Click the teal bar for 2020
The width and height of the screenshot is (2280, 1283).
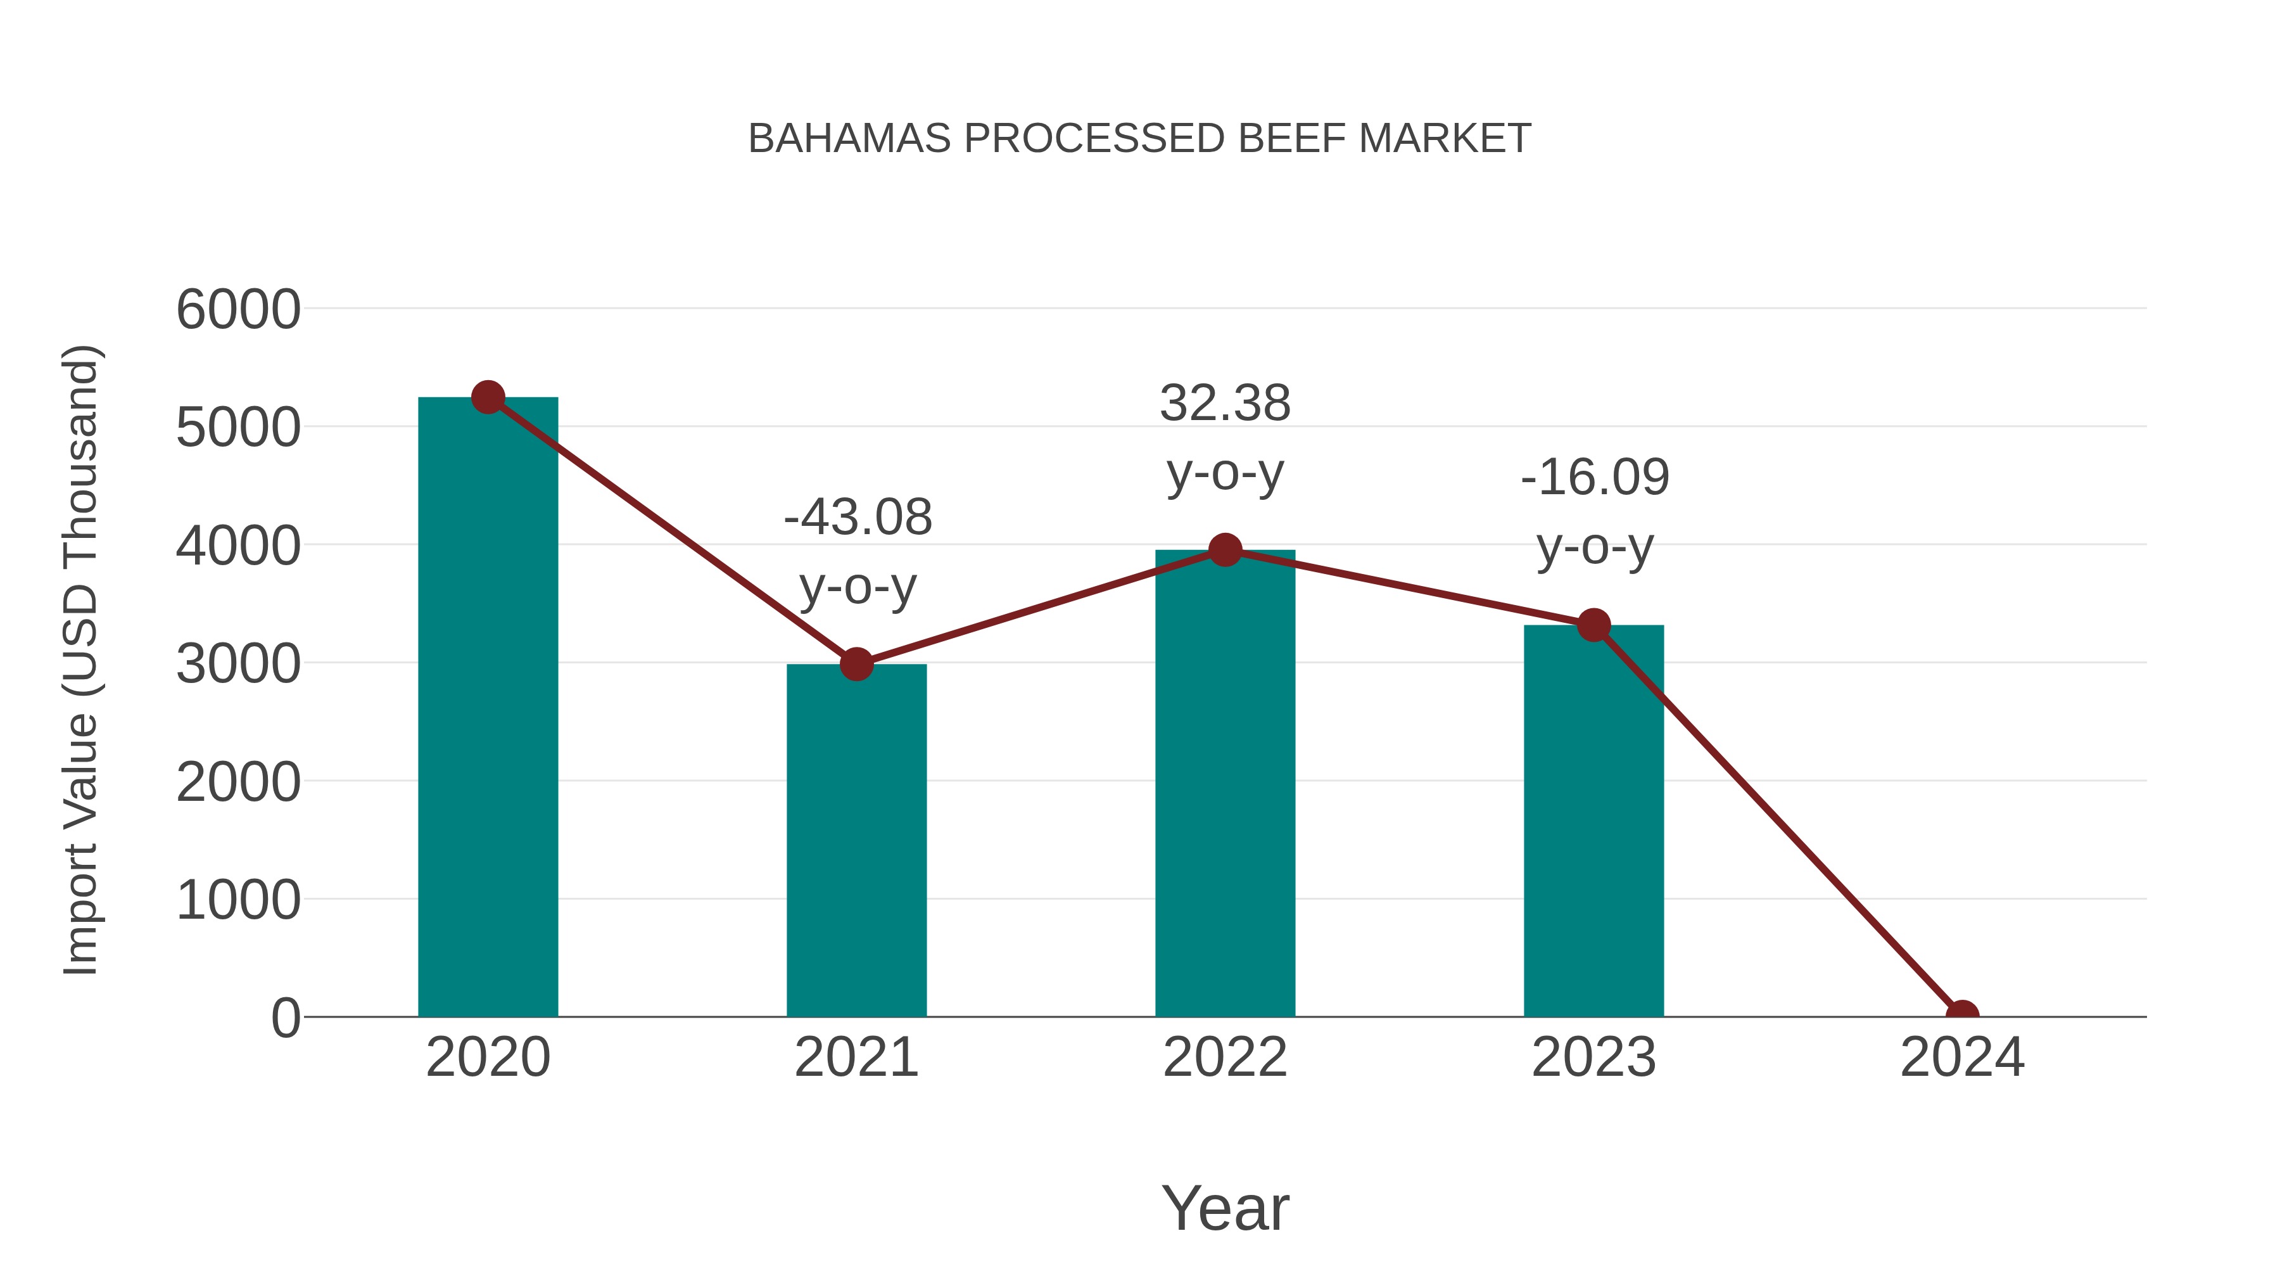(488, 708)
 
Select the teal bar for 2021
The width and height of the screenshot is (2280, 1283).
(856, 841)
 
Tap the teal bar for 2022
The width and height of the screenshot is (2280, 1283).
(1225, 784)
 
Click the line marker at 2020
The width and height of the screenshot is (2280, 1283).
(488, 397)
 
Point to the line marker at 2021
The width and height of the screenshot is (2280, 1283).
(856, 663)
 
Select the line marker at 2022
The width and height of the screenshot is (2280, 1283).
(1225, 550)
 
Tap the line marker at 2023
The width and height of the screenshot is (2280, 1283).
(1593, 625)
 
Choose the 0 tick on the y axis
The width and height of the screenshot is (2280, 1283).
(286, 1018)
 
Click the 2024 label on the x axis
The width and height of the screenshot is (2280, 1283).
(1961, 1057)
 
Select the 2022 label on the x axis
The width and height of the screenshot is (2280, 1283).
(1225, 1057)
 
